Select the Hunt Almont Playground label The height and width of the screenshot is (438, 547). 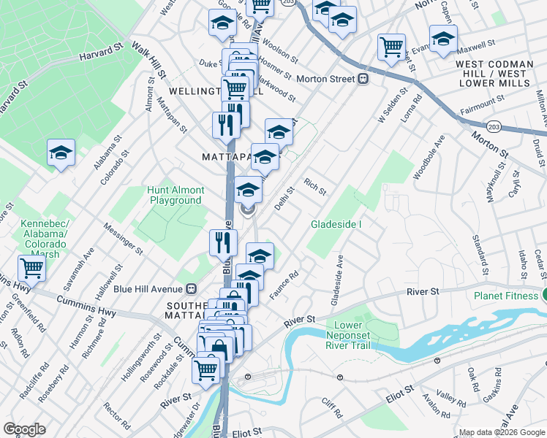point(176,195)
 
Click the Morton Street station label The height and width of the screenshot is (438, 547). point(325,79)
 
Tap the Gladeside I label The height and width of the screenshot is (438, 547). point(336,223)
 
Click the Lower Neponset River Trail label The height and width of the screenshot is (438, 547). point(358,335)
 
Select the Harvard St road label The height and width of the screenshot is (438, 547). point(101,54)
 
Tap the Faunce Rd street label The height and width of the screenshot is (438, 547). point(286,284)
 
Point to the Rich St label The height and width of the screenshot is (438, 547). point(315,186)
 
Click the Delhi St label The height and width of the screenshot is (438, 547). point(284,198)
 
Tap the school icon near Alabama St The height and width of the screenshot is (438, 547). point(61,153)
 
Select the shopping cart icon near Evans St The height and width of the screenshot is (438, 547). point(391,46)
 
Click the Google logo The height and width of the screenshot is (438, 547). point(24,429)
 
